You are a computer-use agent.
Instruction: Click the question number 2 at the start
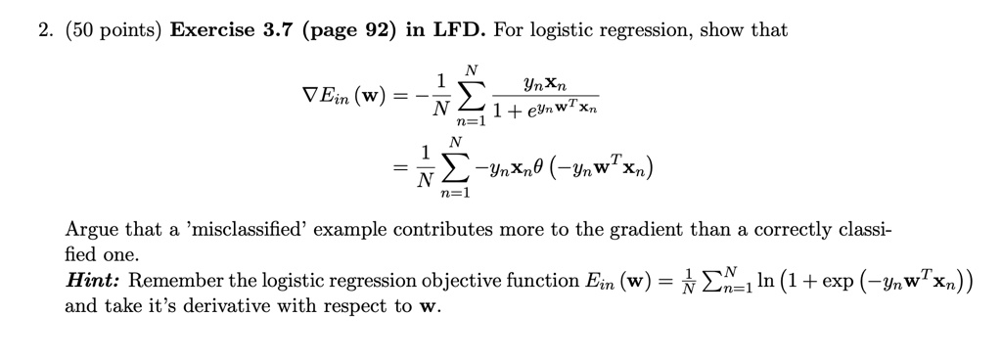pyautogui.click(x=30, y=30)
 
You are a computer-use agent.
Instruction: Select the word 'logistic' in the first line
pyautogui.click(x=569, y=30)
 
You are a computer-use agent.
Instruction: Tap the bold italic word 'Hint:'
pyautogui.click(x=93, y=281)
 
